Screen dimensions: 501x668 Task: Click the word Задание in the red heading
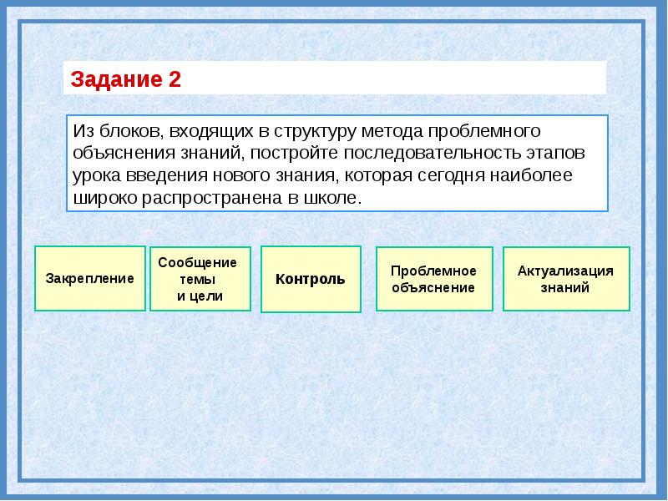tap(116, 80)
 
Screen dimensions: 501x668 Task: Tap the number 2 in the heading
tap(175, 80)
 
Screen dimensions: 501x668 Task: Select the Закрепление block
tap(90, 279)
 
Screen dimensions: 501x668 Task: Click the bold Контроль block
tap(311, 279)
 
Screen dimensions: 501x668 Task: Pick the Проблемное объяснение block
tap(433, 279)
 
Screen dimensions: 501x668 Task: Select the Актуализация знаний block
tap(565, 279)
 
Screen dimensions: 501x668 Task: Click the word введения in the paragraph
tap(162, 176)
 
